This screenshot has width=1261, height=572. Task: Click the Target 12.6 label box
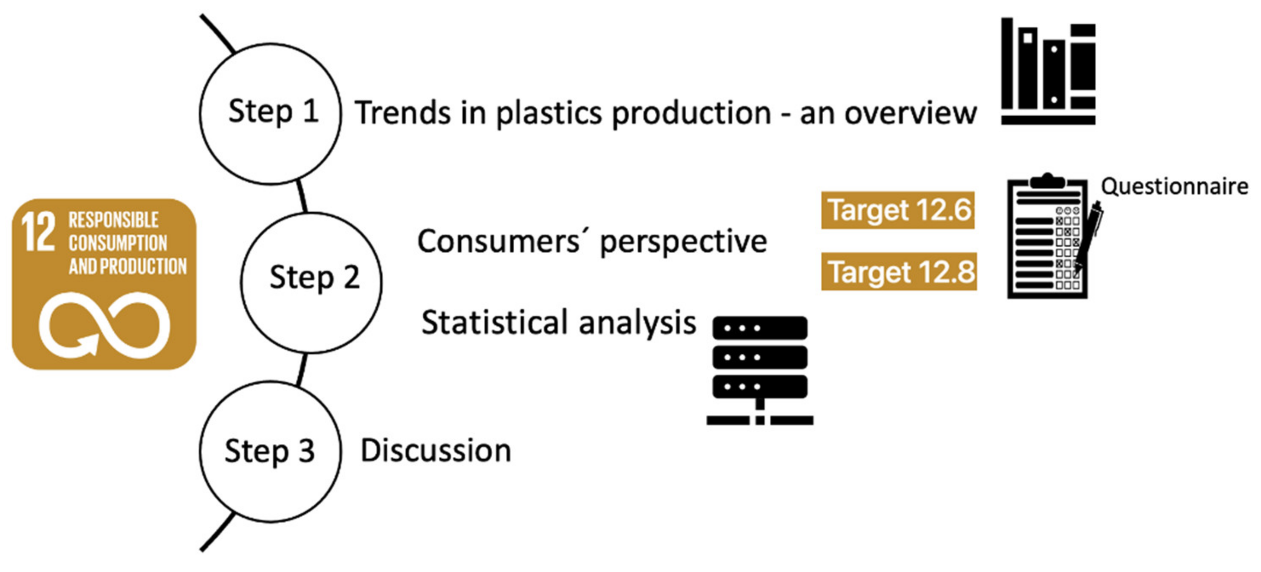pos(898,210)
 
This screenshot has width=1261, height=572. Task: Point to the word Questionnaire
pos(1174,186)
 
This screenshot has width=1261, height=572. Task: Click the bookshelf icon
pos(1048,71)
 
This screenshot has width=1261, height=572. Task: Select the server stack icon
pos(760,370)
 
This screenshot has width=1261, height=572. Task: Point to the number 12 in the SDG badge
pos(38,232)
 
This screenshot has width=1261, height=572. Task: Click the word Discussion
pos(436,451)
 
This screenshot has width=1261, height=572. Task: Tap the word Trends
pos(402,113)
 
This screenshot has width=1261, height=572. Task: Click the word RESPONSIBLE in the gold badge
pos(113,220)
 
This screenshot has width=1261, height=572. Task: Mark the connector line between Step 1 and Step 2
pos(302,196)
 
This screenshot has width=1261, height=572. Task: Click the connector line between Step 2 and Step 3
pos(302,369)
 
